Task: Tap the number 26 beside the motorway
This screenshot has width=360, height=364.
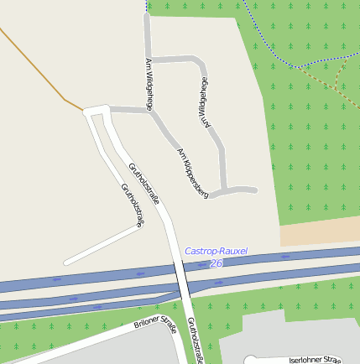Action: click(217, 263)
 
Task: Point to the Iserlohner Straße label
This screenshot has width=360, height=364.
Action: click(316, 360)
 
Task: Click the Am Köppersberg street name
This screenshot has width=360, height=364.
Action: click(192, 173)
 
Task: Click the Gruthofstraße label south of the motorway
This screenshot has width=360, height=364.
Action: click(195, 341)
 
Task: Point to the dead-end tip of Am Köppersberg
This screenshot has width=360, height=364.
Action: click(253, 190)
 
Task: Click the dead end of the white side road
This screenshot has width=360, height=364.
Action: click(66, 262)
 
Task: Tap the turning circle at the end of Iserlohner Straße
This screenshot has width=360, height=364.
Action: click(250, 361)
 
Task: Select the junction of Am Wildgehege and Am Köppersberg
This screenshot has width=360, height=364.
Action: click(151, 111)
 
